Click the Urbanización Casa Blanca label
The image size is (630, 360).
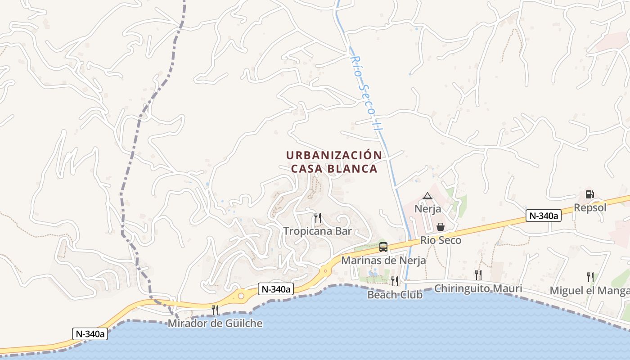tap(334, 162)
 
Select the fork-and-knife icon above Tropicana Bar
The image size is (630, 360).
tap(318, 218)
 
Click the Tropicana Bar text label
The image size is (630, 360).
tap(317, 231)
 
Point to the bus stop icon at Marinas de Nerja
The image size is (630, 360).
tap(383, 247)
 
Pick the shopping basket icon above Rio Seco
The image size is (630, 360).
tap(441, 227)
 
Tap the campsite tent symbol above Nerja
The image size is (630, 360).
tap(427, 196)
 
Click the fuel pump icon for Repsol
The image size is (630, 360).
tap(589, 194)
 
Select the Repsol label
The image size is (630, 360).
tap(590, 207)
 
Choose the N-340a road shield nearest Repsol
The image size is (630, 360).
tap(544, 216)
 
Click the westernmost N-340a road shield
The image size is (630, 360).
tap(90, 334)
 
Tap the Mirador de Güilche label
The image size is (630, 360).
tap(215, 323)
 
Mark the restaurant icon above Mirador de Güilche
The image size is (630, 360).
tap(215, 310)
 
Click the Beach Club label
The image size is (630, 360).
tap(395, 295)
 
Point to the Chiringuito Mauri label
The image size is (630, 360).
tap(478, 288)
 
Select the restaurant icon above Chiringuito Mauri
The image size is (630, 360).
tap(478, 274)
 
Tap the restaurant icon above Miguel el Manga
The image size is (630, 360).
tap(590, 277)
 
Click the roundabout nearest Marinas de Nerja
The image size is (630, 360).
tap(325, 271)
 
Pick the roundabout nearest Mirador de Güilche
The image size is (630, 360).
tap(241, 296)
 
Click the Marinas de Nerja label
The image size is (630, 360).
tap(383, 260)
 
